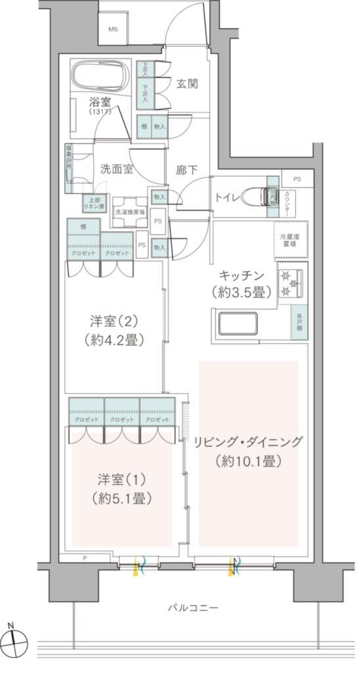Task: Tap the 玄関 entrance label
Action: (x=187, y=83)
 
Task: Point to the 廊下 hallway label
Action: (x=187, y=170)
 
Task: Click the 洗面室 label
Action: (x=117, y=168)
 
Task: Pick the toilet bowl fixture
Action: (x=256, y=196)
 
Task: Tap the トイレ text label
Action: (x=227, y=197)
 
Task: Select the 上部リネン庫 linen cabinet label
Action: (x=90, y=204)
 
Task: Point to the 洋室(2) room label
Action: (x=114, y=322)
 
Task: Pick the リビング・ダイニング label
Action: (x=248, y=442)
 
